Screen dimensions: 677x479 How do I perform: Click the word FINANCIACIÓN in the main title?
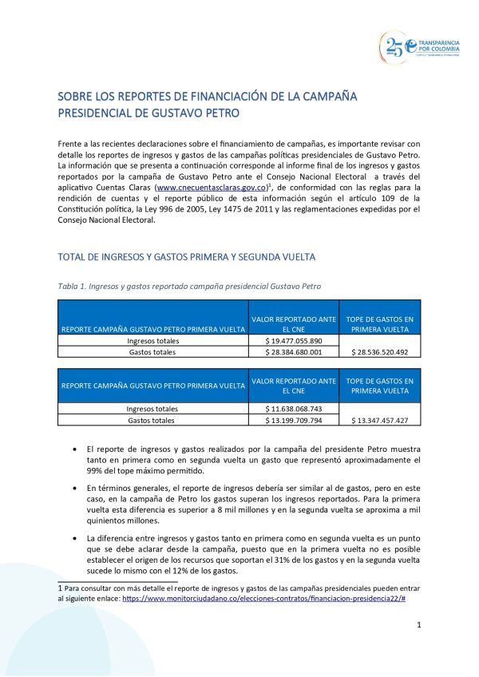220,96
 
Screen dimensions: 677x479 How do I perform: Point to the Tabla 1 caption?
190,285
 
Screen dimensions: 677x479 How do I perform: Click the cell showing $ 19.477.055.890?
294,341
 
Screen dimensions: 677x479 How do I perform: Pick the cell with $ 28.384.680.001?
294,351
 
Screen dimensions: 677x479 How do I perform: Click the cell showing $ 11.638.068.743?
294,409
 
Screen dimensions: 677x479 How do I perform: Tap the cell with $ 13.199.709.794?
294,420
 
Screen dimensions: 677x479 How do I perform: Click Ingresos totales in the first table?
153,341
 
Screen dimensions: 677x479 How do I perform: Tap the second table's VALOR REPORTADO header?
294,386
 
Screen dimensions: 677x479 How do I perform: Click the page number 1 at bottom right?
418,625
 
